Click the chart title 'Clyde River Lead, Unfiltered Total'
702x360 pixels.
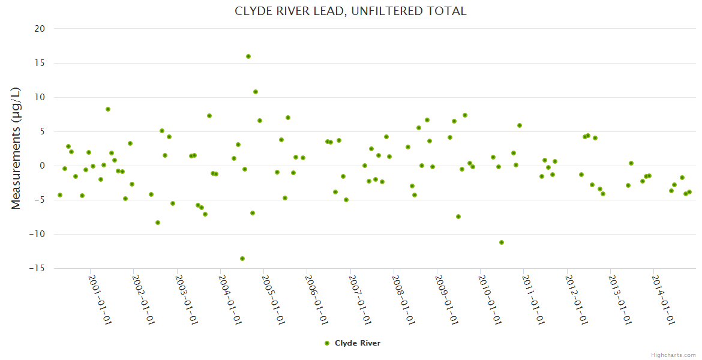(x=350, y=11)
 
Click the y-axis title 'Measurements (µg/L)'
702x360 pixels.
(x=16, y=148)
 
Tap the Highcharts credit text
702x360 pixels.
(x=673, y=355)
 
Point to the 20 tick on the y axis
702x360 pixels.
(x=40, y=29)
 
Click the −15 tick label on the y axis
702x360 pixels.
(x=37, y=269)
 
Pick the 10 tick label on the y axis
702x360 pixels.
(x=40, y=97)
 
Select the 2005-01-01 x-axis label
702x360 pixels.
(x=273, y=299)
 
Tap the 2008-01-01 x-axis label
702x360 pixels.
(x=403, y=299)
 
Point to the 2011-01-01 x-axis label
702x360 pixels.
(x=533, y=299)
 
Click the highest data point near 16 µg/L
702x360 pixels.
(x=248, y=56)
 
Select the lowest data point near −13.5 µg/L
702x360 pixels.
(x=242, y=259)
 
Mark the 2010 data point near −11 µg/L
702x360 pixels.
(x=502, y=242)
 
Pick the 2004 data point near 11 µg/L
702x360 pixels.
(x=256, y=92)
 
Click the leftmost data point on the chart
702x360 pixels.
(x=60, y=195)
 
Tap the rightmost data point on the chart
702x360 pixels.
(x=689, y=192)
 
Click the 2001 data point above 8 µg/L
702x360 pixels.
(x=108, y=109)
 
